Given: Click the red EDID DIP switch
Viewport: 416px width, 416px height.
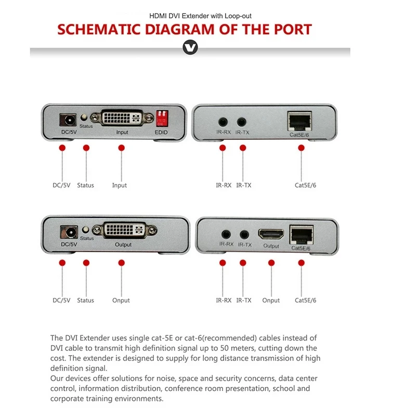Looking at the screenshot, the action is click(162, 119).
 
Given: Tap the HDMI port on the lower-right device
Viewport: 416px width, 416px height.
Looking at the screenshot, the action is click(271, 234).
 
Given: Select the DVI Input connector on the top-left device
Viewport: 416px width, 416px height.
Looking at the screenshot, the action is click(122, 118).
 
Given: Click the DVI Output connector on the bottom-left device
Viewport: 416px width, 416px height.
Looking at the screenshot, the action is click(124, 230).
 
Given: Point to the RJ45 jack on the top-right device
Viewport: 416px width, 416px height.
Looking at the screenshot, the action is click(300, 121).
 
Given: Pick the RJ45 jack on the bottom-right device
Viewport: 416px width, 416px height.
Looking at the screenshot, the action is click(302, 235).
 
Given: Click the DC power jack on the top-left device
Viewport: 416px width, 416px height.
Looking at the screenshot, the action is click(68, 120).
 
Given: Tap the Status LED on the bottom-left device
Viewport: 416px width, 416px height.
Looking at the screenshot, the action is click(85, 229).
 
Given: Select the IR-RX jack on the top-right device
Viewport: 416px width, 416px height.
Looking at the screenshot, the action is click(223, 122).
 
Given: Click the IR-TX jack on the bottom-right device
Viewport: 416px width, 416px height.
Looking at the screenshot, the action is click(244, 235).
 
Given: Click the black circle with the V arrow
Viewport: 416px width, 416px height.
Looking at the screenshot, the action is click(190, 47).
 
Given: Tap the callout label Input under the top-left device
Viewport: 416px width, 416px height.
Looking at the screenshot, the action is click(120, 185).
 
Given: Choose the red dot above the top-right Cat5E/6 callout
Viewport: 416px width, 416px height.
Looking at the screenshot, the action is click(301, 148).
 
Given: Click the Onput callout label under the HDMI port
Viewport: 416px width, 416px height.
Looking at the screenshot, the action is click(271, 301).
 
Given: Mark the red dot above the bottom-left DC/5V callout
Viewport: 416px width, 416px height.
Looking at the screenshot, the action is click(62, 263).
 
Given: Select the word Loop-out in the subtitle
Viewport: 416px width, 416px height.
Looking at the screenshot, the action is click(238, 16).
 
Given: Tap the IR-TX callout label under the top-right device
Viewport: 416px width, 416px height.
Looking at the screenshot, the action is click(243, 185).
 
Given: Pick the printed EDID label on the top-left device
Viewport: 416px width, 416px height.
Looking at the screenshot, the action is click(161, 132).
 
